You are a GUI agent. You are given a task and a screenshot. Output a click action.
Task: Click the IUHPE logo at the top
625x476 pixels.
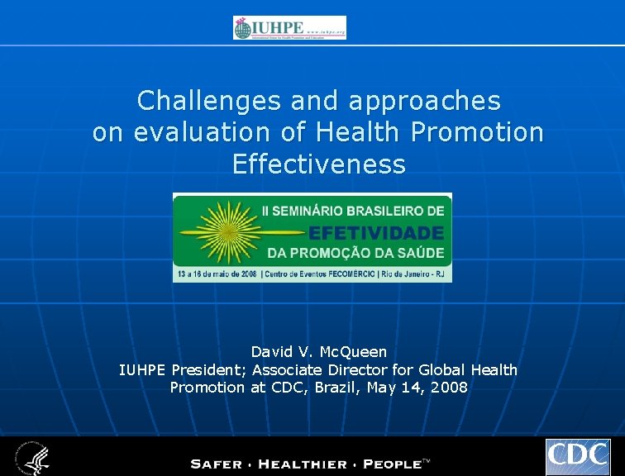289,27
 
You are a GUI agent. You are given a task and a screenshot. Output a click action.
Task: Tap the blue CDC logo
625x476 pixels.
578,457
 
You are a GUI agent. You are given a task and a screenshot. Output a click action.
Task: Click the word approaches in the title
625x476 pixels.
425,101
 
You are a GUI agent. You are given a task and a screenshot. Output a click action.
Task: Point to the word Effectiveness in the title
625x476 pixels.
319,164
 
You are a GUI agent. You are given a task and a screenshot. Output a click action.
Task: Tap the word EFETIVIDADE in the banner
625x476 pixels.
376,233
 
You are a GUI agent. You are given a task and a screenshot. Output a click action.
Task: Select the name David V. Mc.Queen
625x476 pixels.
319,352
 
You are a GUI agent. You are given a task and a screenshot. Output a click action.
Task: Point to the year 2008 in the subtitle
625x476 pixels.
451,387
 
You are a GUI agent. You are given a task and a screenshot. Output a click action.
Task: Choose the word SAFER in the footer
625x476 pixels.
217,464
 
